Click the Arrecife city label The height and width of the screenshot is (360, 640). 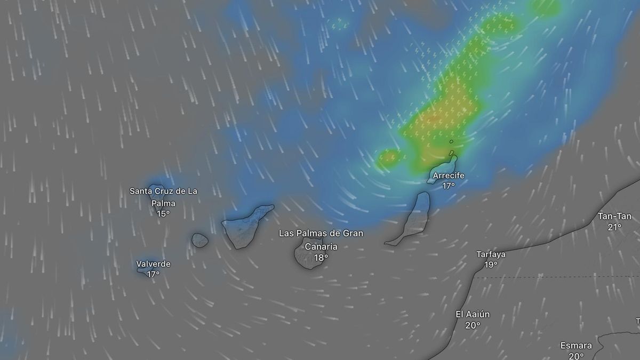pos(448,175)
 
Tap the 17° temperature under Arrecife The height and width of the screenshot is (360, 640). pos(448,186)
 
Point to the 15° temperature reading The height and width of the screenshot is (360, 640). pos(163,213)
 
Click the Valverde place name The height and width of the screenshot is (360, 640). pos(153,264)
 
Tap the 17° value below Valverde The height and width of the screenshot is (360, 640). pos(153,274)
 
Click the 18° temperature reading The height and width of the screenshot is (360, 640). pos(321,258)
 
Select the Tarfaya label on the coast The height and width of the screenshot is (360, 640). pos(491,254)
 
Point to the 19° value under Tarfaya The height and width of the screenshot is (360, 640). pos(491,265)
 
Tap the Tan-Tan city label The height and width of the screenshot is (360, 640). pos(614,217)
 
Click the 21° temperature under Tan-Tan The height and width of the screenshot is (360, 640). pos(614,227)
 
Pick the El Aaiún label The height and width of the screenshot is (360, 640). pos(473,315)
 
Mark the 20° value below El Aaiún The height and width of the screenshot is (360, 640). pos(473,325)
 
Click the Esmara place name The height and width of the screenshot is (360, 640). pos(576,346)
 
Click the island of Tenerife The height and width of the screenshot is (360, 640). pos(243,227)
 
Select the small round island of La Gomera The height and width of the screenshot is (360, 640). pos(200,240)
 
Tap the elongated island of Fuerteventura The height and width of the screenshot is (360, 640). pos(411,221)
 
